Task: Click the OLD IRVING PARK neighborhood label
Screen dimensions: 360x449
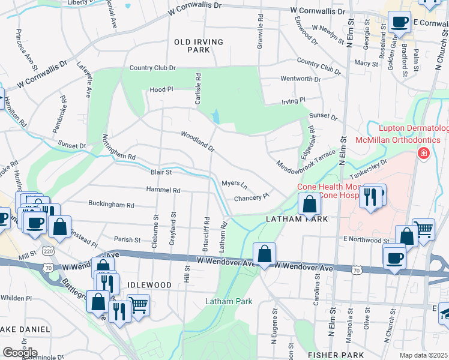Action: [198, 46]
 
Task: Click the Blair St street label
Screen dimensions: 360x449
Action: [161, 172]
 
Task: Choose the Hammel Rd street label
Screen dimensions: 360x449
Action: [163, 190]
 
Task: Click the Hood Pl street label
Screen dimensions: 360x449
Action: [161, 89]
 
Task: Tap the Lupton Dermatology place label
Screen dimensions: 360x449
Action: [413, 128]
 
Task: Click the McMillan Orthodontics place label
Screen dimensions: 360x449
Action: [411, 140]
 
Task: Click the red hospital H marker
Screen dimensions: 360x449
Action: [424, 154]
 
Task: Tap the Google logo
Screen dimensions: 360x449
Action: [20, 352]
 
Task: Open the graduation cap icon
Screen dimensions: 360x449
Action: [444, 313]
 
